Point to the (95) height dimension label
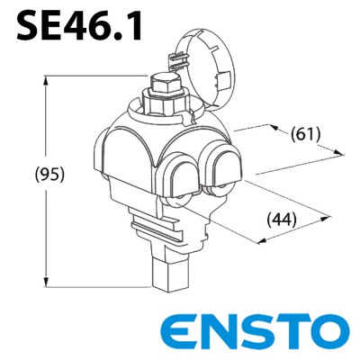pyautogui.click(x=25, y=175)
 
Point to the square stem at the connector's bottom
pyautogui.click(x=166, y=274)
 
